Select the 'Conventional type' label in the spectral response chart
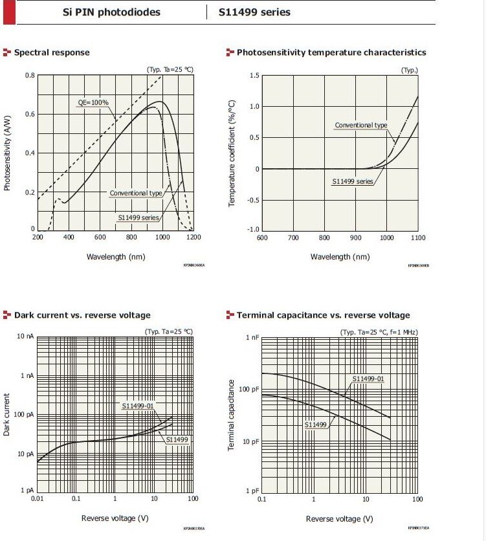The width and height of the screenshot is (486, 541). point(136,193)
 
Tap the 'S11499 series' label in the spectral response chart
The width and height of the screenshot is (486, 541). point(138,218)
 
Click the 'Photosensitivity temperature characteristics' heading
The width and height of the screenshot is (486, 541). point(331,52)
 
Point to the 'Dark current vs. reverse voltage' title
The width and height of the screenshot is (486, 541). point(82,315)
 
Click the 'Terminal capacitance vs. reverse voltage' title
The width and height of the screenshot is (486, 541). point(323,315)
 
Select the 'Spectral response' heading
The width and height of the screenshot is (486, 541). point(52,52)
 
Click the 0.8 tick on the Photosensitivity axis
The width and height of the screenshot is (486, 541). point(30,76)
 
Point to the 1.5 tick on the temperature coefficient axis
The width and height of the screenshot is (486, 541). point(254,76)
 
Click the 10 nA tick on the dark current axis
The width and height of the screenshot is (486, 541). point(25,337)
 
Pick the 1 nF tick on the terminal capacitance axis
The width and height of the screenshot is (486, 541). point(251,338)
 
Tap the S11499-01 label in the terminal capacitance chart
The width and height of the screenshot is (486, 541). point(368,379)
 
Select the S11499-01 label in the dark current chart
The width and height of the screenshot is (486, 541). point(138,406)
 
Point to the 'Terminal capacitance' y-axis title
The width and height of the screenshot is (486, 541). point(232,415)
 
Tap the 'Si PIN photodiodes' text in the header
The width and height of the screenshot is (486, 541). point(113,12)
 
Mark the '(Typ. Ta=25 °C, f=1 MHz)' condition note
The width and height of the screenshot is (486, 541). point(379,331)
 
